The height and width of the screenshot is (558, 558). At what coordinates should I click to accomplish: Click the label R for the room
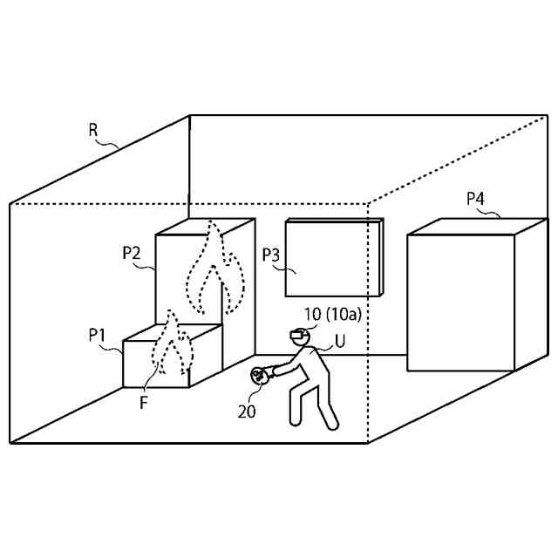coord(93,130)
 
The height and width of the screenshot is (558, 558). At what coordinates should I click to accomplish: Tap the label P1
coord(98,334)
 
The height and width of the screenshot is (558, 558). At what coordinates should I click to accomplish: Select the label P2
coord(132,253)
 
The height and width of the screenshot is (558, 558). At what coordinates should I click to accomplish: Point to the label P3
coord(272,255)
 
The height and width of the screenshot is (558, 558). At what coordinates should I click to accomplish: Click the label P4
coord(475,199)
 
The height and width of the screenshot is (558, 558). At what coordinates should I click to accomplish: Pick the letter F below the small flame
coord(143,403)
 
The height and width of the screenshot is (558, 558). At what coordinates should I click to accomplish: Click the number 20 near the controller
coord(247,412)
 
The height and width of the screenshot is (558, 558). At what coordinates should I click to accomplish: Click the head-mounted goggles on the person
coord(298,334)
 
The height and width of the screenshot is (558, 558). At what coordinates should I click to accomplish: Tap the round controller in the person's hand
coord(259,376)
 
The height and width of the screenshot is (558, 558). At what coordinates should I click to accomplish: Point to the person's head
coord(301,337)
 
